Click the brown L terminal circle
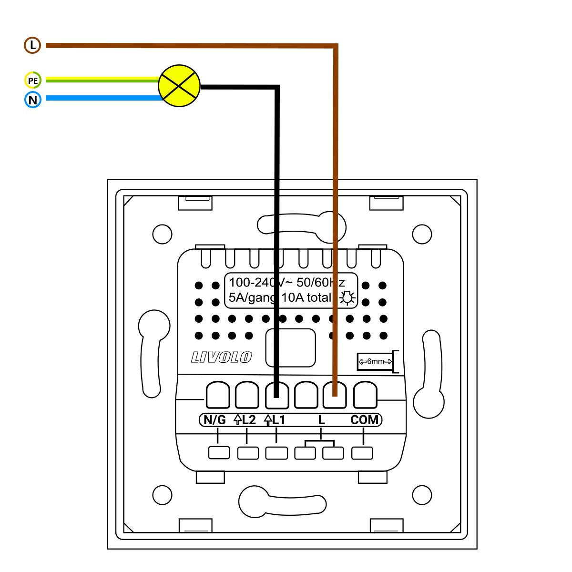tap(32, 46)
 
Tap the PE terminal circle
tap(32, 81)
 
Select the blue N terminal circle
tap(32, 100)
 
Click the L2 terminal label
tap(245, 420)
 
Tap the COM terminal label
tap(365, 420)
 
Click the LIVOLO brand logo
tap(221, 357)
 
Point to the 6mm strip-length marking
tap(375, 362)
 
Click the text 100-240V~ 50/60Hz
tap(286, 281)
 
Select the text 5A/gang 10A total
tap(280, 298)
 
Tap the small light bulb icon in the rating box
tap(347, 298)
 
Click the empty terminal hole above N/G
tap(218, 395)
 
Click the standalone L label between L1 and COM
tap(321, 420)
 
